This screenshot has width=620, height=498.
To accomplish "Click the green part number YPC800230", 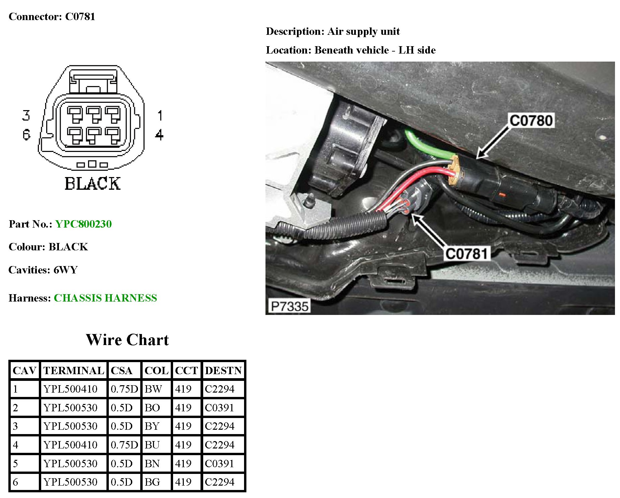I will coord(83,224).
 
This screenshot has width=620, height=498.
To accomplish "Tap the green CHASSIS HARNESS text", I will coord(105,298).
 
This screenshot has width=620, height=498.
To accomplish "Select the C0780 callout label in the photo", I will coord(531,120).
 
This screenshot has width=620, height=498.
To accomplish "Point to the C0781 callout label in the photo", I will coord(467,254).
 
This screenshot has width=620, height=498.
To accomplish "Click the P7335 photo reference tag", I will coord(290,306).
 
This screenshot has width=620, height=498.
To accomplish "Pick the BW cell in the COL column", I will coord(153,389).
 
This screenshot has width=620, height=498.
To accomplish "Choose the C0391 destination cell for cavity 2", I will coord(220,408).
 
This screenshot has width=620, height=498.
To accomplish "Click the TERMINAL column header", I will coord(74,370).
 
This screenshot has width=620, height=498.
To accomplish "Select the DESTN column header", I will coord(223,370).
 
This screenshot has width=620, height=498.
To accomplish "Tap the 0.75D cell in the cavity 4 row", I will coord(124,445).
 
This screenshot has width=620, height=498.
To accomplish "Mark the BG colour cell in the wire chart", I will coord(152,482).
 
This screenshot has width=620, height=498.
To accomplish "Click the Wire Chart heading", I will coord(127,340).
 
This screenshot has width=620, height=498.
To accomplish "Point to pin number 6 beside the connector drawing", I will coord(26,135).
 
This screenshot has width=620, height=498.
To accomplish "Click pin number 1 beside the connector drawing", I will coord(160,115).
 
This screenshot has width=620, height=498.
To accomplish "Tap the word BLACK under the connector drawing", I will coord(92,183).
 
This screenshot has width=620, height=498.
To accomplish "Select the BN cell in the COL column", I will coord(152,464).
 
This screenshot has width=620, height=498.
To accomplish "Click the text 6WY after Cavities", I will coord(66,270).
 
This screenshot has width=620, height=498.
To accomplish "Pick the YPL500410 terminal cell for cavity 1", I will coord(70,389).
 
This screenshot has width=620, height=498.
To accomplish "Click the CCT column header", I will coord(186,370).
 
